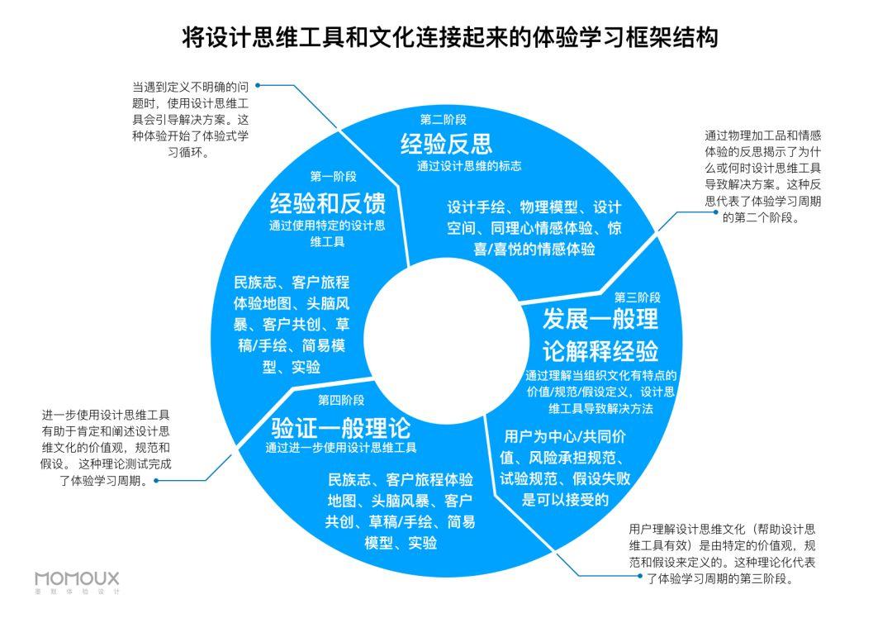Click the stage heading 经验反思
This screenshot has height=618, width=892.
coord(446,144)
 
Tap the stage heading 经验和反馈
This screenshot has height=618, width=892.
coord(327,202)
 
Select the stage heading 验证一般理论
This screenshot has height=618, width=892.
coord(340,427)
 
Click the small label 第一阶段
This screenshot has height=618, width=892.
coord(333,176)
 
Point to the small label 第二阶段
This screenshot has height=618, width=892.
coord(443,118)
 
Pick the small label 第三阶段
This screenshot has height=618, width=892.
coord(637,297)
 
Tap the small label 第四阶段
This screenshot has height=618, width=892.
coord(341,401)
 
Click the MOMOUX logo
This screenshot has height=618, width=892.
coord(77,580)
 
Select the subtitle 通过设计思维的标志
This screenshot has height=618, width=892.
coord(468,165)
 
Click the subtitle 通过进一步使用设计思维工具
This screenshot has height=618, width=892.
coord(340,448)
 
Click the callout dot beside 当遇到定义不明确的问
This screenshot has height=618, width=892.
coord(259,84)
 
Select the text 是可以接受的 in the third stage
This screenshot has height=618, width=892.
coord(565,499)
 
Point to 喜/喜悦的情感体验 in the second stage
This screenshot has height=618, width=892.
coord(534,249)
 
